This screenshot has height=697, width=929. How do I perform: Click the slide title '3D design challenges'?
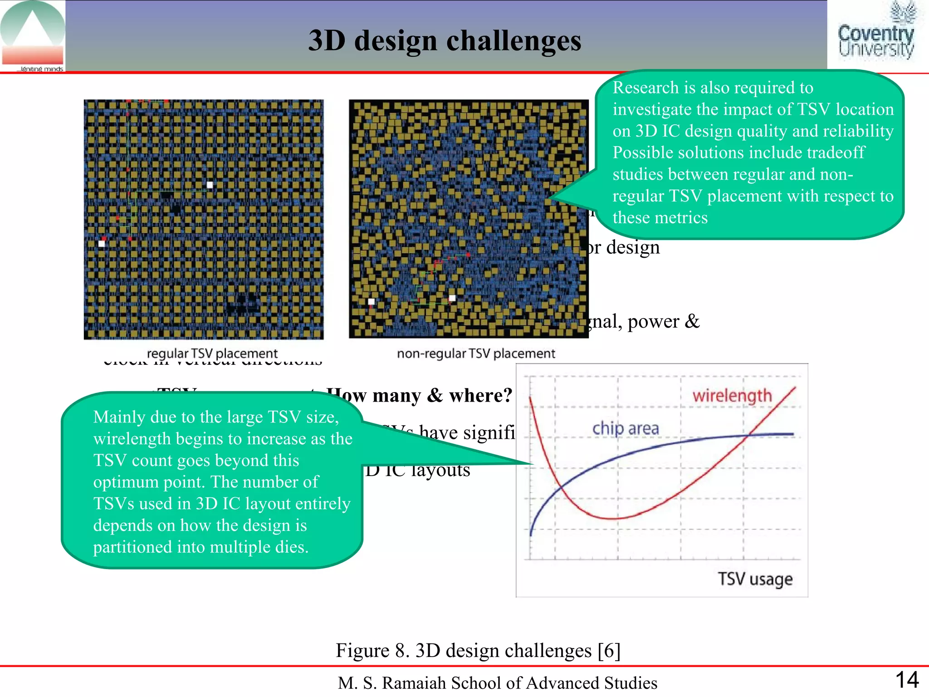click(x=445, y=41)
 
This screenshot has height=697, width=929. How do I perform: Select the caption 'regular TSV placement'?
click(x=212, y=353)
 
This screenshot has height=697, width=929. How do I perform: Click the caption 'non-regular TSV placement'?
click(x=476, y=353)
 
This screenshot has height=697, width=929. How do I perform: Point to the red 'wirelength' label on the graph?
click(x=732, y=396)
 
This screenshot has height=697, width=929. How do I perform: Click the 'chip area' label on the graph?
click(x=626, y=428)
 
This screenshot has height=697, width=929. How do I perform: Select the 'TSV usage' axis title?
click(x=755, y=579)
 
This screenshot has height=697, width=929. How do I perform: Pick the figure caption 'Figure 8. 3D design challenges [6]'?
click(x=478, y=650)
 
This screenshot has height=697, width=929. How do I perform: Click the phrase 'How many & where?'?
click(x=420, y=395)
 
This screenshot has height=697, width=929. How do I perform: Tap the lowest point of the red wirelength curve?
click(x=612, y=518)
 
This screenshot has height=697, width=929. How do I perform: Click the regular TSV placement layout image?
click(x=204, y=219)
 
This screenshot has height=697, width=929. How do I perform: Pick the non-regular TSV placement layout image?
click(x=469, y=219)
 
